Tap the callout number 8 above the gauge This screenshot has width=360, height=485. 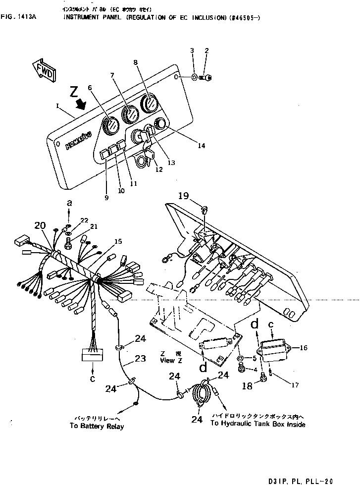click(135, 62)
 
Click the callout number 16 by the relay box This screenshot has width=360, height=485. click(304, 348)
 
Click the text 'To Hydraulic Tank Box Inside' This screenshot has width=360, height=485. click(257, 424)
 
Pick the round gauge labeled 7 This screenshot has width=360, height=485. click(130, 115)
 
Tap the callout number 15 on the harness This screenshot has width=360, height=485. click(118, 241)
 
